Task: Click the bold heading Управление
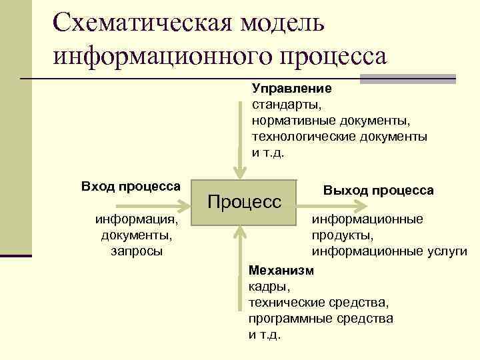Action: point(291,88)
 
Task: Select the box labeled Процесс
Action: point(245,202)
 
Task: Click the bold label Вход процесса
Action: point(131,185)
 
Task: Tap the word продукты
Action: point(341,235)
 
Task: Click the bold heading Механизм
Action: point(279,271)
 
